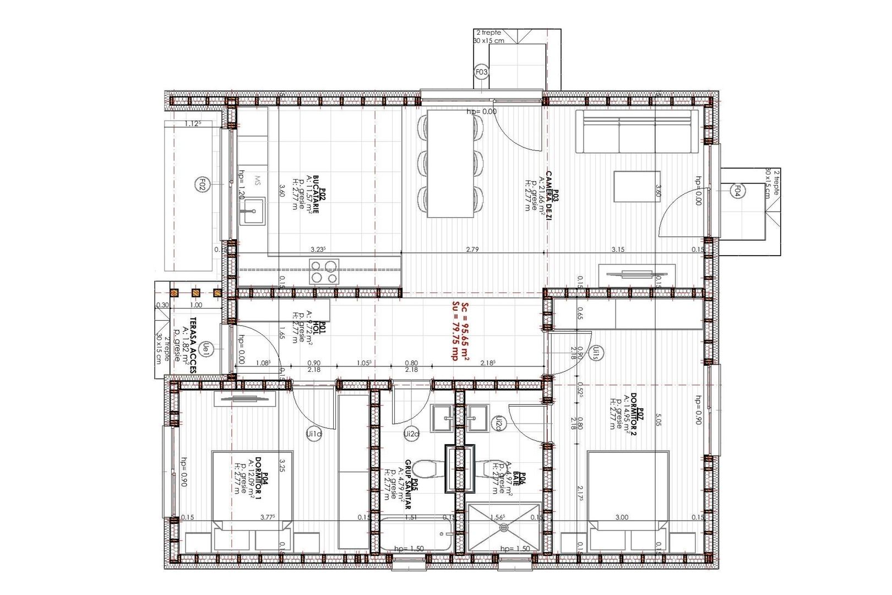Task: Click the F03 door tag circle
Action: click(x=481, y=72)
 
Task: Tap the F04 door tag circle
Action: click(x=737, y=191)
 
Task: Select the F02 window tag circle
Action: click(x=202, y=184)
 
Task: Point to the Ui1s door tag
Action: click(x=596, y=352)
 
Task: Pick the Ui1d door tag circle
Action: click(x=314, y=434)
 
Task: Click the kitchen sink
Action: click(x=252, y=210)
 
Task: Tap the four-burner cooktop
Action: click(x=324, y=272)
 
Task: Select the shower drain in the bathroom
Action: click(x=504, y=528)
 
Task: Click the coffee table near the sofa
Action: click(x=637, y=187)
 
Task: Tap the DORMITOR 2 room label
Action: click(x=634, y=410)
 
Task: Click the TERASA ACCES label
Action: click(x=193, y=345)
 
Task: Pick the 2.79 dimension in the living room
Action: click(x=472, y=250)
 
